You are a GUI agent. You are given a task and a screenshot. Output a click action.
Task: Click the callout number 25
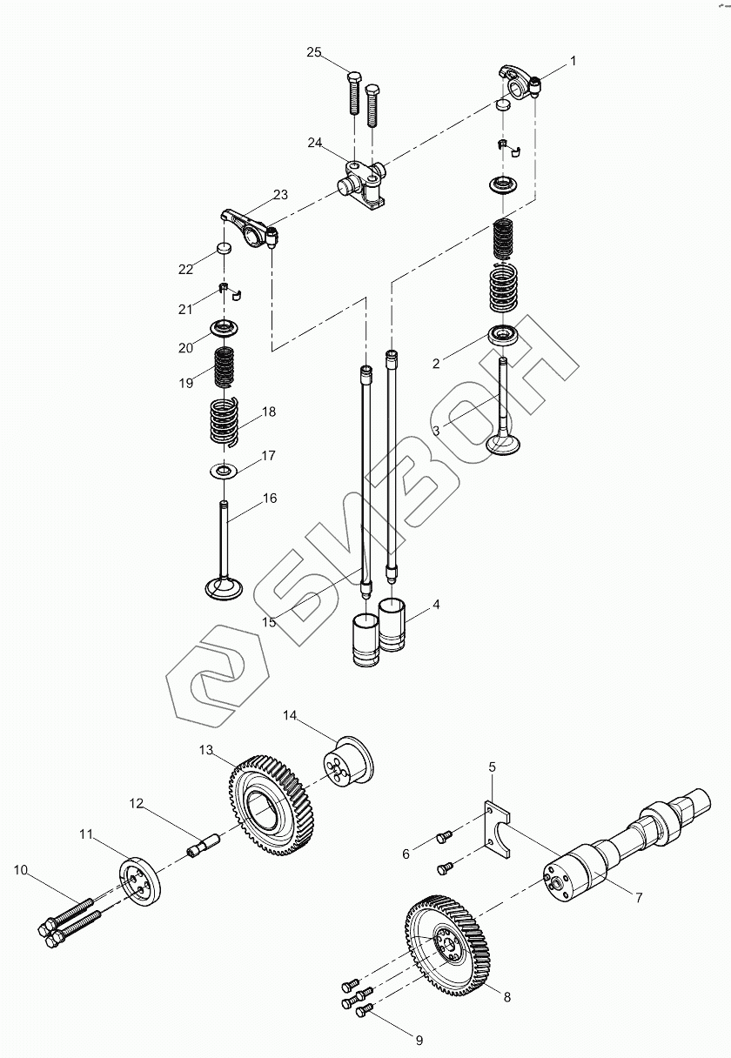(x=314, y=53)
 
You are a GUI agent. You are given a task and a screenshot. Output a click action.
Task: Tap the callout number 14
(x=290, y=715)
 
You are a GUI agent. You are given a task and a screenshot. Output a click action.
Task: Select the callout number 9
(x=419, y=1039)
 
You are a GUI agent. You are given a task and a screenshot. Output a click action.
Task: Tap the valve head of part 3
(x=505, y=444)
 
